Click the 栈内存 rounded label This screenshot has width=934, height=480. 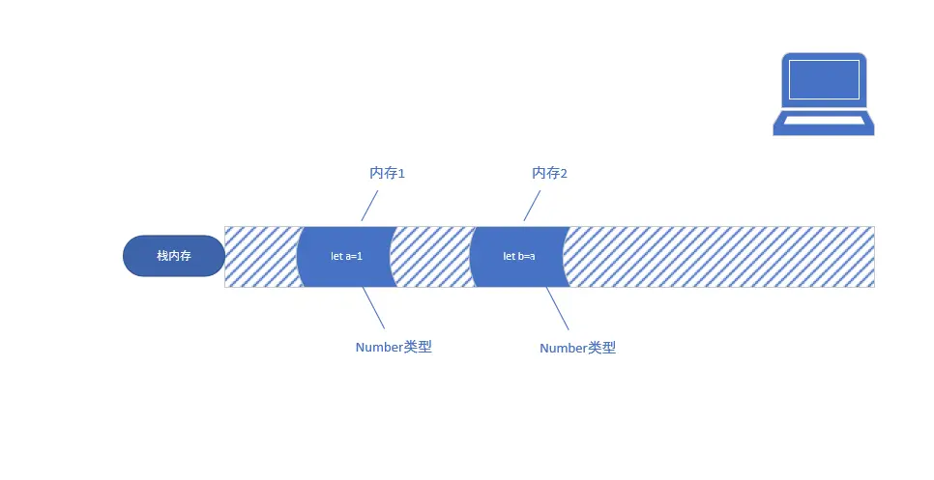point(174,256)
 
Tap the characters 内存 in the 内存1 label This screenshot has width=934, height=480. point(384,174)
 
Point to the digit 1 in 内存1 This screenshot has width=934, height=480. point(401,174)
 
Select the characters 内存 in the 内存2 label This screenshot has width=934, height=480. point(546,174)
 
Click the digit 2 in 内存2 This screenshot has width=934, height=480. point(564,174)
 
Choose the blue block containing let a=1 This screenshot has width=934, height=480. point(346,256)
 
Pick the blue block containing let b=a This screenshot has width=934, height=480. point(518,256)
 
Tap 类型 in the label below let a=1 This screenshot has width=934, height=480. point(418,348)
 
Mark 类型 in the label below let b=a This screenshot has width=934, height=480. point(601,349)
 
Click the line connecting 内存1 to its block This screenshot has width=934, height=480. point(369,206)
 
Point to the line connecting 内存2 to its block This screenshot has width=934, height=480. point(532,206)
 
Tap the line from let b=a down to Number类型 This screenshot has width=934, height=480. point(557,309)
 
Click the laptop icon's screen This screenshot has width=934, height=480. point(824,79)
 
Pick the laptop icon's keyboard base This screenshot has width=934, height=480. point(824,123)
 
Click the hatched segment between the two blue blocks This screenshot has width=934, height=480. point(432,256)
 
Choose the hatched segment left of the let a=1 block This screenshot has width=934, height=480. point(259,256)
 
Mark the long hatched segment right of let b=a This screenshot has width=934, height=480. point(720,256)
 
